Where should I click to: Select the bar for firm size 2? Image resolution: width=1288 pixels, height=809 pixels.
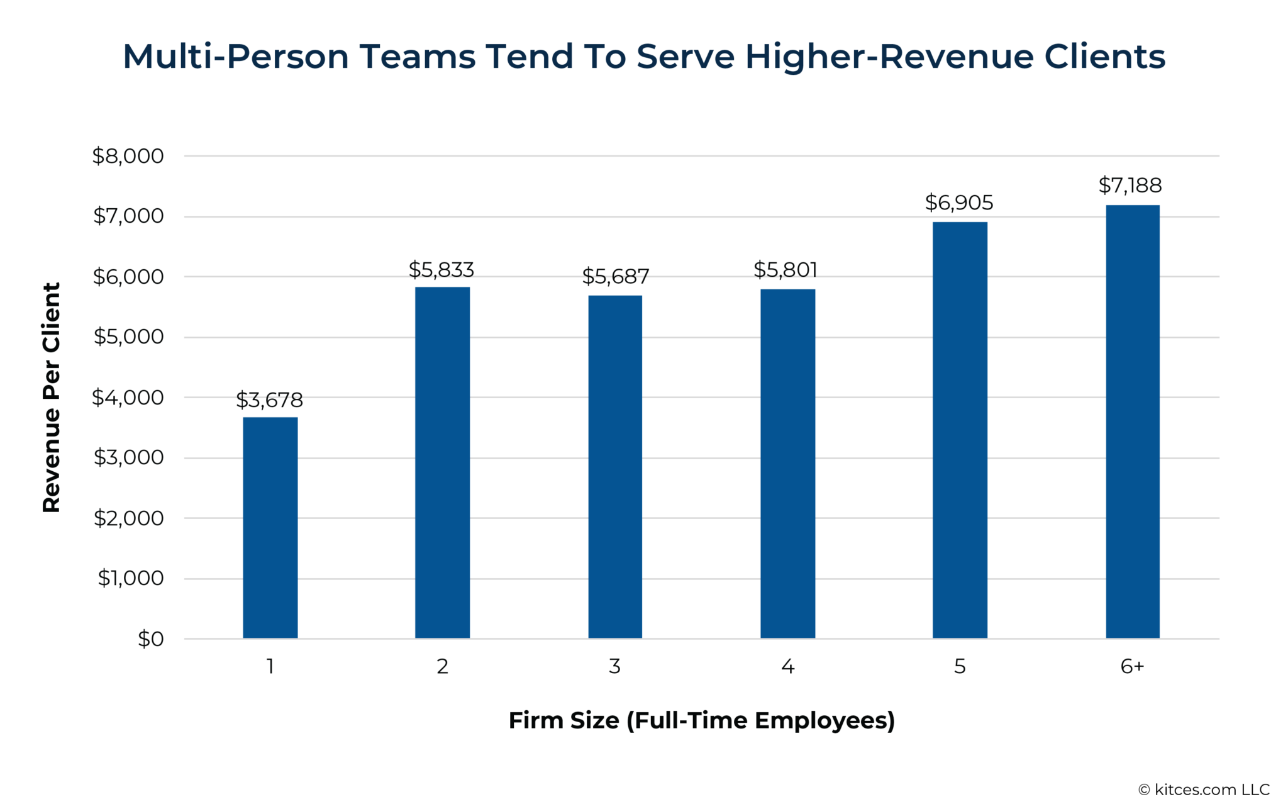coord(442,462)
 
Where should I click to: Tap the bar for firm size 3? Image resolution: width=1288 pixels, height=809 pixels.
coord(614,466)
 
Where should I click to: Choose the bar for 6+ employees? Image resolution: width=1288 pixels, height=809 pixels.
coord(1132,421)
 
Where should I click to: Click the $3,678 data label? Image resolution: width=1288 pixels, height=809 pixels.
coord(269,400)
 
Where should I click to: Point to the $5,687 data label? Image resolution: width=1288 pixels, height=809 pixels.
coord(614,277)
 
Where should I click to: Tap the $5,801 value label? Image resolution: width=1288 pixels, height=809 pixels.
coord(786,270)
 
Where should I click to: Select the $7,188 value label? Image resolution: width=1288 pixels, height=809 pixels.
coord(1130,186)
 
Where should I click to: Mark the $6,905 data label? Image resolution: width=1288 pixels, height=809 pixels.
coord(958,203)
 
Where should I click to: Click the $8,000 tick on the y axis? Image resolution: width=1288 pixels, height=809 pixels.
coord(128,156)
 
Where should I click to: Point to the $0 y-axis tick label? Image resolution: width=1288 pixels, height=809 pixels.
coord(150,639)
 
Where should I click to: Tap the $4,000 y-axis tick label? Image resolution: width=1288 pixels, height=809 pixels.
coord(128,398)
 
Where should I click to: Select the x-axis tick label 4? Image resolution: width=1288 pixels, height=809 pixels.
coord(787,666)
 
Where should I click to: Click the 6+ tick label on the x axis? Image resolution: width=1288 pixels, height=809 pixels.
coord(1132,666)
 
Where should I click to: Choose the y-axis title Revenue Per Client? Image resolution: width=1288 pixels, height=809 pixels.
coord(52,398)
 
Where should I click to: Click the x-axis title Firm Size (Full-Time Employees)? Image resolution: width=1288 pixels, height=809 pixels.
coord(701,720)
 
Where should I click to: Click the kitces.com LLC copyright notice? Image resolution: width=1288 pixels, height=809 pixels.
coord(1204,790)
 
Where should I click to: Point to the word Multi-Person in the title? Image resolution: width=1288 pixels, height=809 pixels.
coord(236,57)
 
